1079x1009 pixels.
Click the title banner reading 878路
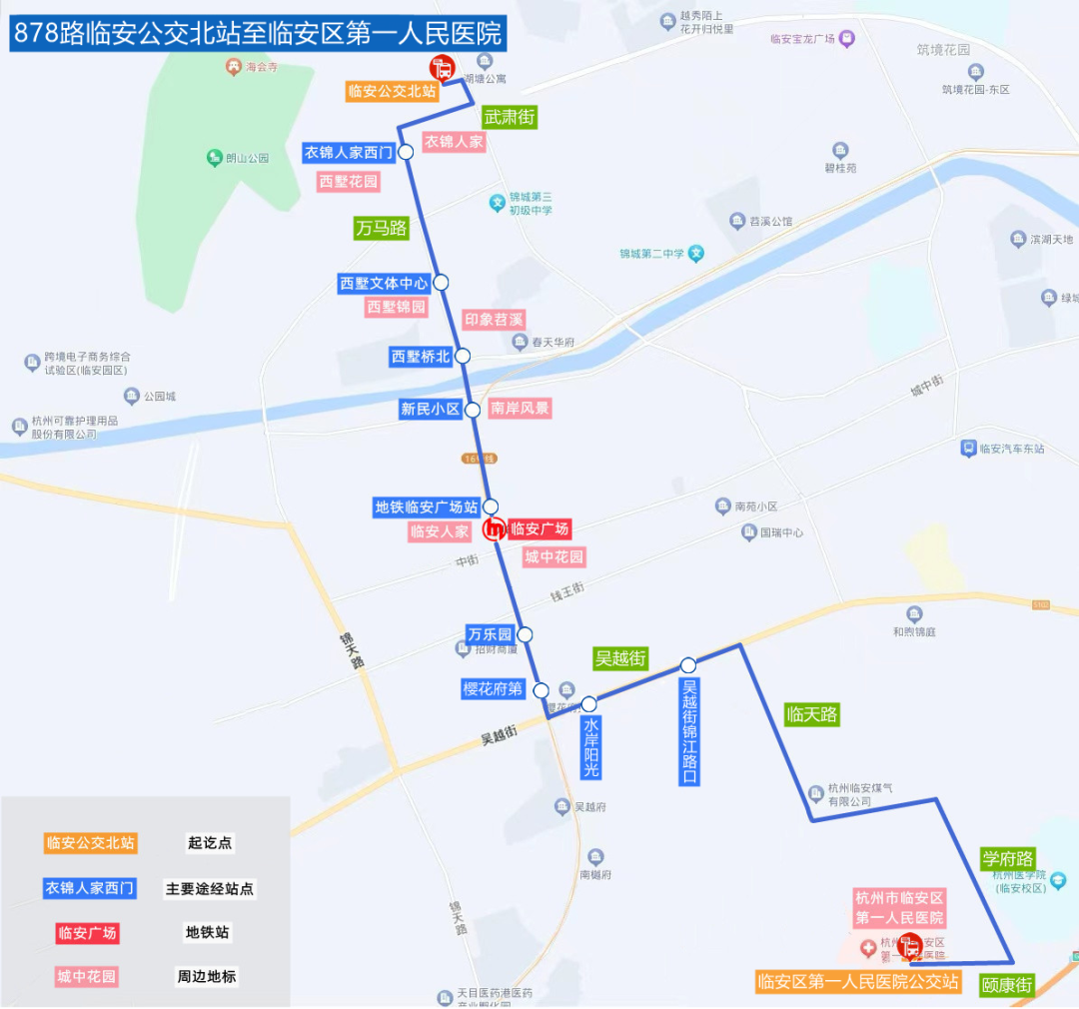257,34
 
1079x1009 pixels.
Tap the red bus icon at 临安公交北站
442,68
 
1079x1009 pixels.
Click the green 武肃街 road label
510,117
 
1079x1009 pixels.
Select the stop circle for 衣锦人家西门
407,152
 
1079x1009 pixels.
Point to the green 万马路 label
382,228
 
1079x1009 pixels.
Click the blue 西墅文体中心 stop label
384,284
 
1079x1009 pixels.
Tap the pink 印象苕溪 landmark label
494,320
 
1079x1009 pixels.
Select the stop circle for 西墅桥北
463,356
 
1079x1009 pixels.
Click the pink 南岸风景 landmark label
520,409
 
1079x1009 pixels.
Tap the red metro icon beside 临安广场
493,530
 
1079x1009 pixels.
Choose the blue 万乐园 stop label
490,634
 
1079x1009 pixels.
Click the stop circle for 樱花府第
541,690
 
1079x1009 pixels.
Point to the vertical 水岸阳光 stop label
591,747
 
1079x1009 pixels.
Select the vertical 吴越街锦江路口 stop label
688,732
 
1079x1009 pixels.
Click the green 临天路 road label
811,714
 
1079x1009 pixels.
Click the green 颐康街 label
1005,983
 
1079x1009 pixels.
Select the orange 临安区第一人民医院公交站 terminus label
858,982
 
